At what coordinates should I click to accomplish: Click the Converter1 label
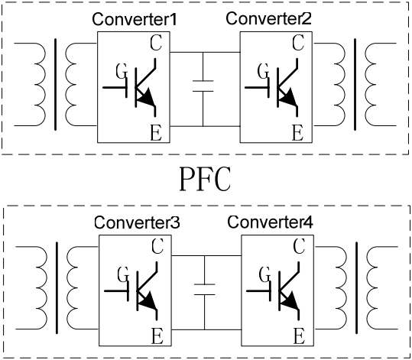point(135,19)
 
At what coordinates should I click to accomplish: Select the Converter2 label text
point(268,18)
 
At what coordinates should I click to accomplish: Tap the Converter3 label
point(137,222)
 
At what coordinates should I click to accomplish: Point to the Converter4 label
point(270,222)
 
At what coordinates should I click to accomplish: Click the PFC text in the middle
point(205,179)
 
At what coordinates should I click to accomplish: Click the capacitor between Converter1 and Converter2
point(203,86)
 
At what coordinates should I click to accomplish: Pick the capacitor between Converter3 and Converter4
point(204,290)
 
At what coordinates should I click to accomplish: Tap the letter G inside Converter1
point(122,71)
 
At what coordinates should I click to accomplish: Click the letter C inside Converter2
point(298,43)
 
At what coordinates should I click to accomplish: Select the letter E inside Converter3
point(157,336)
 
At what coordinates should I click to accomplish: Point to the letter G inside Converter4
point(264,274)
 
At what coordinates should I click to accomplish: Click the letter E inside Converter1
point(156,133)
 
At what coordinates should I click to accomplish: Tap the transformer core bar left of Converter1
point(55,84)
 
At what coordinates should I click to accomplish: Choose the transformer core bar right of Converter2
point(355,84)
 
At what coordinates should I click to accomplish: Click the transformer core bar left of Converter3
point(57,288)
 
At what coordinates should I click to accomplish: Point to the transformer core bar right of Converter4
point(357,288)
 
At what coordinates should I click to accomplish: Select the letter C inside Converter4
point(300,246)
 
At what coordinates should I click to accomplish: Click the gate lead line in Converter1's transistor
point(115,87)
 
